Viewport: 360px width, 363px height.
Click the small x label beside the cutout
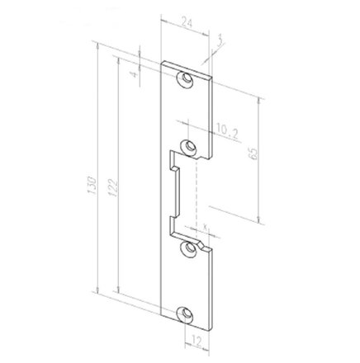pyautogui.click(x=203, y=224)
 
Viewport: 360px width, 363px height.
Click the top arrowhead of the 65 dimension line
pyautogui.click(x=263, y=99)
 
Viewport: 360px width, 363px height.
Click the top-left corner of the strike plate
pyautogui.click(x=163, y=64)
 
